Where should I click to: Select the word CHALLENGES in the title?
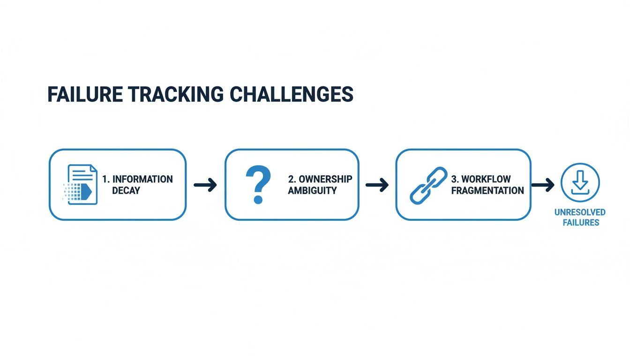pos(292,95)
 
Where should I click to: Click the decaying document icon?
pos(81,184)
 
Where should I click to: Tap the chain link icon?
pos(428,185)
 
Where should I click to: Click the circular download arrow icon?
pos(580,183)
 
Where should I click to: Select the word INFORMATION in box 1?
pos(142,179)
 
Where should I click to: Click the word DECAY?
pos(126,191)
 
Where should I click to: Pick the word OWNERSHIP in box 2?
pos(325,179)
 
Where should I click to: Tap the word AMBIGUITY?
pos(312,191)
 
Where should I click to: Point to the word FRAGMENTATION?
pos(487,191)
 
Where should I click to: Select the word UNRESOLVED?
pos(580,212)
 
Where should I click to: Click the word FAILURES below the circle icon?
pos(581,223)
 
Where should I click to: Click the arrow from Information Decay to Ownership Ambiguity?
pos(205,185)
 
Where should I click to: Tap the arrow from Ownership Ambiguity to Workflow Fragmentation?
pos(377,185)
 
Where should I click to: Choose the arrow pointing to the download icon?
pos(543,185)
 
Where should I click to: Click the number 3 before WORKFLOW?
pos(454,179)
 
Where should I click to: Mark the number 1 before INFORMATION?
pos(105,179)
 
